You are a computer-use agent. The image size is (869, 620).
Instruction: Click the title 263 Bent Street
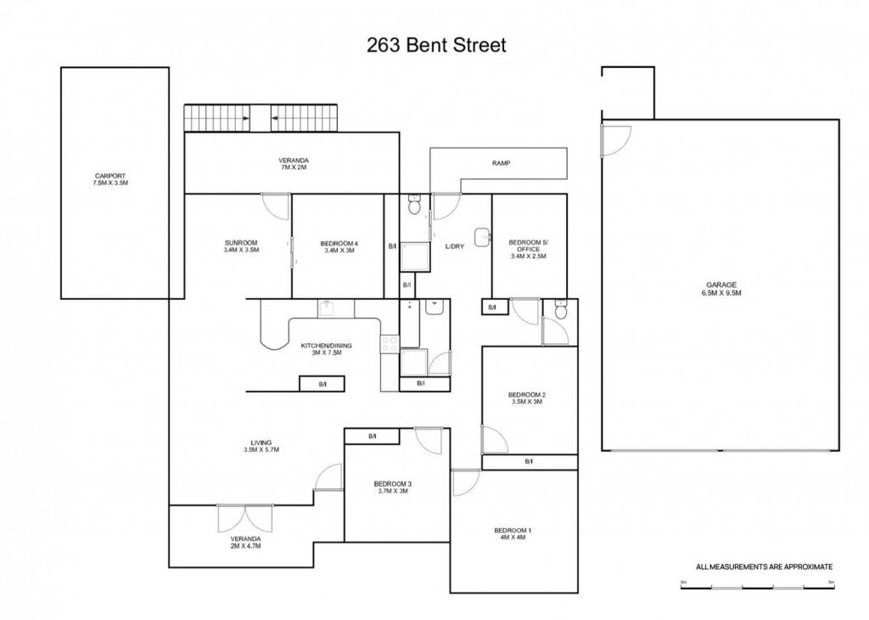[436, 45]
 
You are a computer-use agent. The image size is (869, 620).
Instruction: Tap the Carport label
[110, 179]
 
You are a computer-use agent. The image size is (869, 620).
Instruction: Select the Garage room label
[721, 289]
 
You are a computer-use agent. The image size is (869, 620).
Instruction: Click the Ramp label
[501, 164]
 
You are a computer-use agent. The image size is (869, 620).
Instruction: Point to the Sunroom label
[241, 246]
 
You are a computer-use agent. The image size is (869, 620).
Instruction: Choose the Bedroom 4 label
[339, 247]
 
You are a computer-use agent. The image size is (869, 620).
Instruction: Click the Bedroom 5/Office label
[528, 249]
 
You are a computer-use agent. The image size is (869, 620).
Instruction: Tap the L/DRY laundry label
[455, 246]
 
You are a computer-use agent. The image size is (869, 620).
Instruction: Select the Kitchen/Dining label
[327, 349]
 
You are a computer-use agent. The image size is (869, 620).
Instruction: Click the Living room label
[261, 446]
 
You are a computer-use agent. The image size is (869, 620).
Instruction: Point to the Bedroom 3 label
[392, 487]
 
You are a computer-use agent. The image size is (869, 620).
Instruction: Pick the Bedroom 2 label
[527, 398]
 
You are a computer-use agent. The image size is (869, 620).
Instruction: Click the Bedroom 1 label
[510, 533]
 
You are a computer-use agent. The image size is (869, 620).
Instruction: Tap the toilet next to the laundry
[414, 205]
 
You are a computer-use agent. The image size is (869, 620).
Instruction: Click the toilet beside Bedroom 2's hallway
[560, 310]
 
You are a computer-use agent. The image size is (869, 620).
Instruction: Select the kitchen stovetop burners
[389, 344]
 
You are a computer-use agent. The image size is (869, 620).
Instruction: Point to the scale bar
[757, 586]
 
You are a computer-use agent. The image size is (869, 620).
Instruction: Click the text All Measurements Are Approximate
[765, 566]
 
